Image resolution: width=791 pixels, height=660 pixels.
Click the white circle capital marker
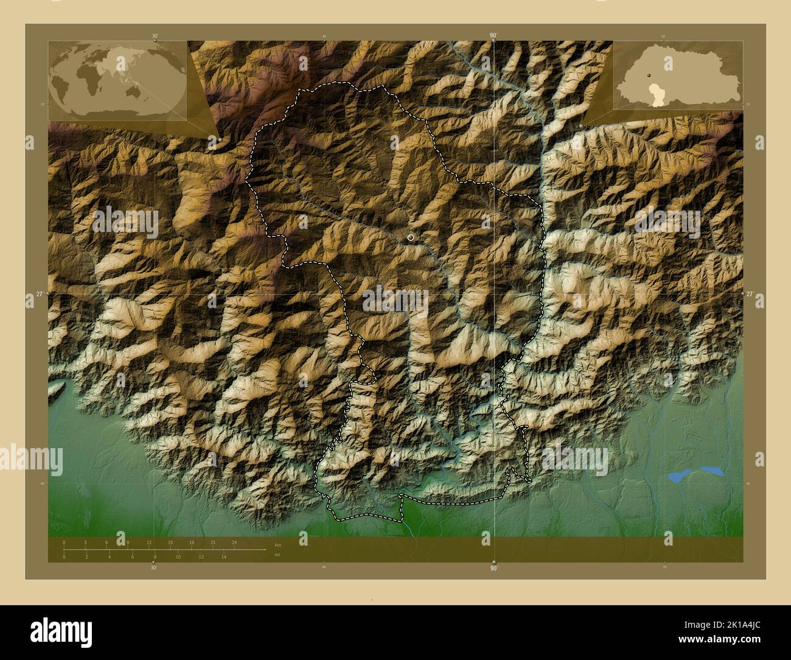[411, 237]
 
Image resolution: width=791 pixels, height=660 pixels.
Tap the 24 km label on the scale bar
[234, 542]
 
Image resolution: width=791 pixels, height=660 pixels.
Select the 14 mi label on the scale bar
[224, 556]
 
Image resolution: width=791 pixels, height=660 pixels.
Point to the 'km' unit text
[277, 544]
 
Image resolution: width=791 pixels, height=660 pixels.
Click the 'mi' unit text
[277, 554]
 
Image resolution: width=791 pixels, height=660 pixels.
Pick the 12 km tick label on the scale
[149, 542]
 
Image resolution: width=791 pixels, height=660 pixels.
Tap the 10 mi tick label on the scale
[178, 556]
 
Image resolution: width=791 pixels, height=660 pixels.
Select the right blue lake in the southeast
[711, 471]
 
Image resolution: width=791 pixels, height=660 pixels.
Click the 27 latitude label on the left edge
[39, 293]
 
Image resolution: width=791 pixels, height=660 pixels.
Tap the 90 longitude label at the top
[492, 36]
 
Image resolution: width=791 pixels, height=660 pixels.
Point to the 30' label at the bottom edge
[153, 568]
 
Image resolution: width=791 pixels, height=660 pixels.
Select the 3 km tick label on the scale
[85, 542]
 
